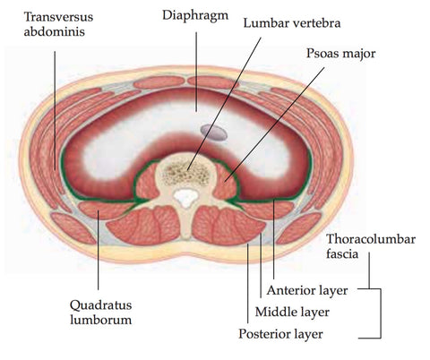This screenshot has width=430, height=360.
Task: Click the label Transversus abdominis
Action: (x=58, y=24)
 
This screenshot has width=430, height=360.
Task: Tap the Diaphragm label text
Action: (x=195, y=16)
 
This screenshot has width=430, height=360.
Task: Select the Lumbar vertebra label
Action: (x=292, y=23)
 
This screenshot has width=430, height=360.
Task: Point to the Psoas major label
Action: (x=340, y=54)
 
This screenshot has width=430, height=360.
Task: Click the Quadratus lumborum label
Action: (x=100, y=313)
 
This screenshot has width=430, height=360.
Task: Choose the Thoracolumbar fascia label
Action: (x=371, y=246)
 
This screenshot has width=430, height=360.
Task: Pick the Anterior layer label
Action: (x=307, y=290)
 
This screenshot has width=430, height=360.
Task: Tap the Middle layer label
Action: (x=292, y=313)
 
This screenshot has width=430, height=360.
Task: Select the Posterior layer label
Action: (x=280, y=334)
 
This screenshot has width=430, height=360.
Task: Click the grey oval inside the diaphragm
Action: (x=213, y=133)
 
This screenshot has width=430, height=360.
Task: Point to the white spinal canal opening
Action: (x=185, y=198)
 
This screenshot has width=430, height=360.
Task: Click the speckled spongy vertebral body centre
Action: (x=186, y=173)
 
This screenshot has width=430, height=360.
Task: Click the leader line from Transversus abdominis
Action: (x=55, y=110)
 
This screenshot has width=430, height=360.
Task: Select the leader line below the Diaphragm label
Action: (x=196, y=72)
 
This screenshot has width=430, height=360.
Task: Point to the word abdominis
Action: (x=54, y=31)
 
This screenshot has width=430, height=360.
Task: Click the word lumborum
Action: (x=101, y=320)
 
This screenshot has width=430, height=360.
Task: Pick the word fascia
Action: (x=342, y=253)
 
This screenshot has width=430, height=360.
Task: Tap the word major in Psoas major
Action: (x=358, y=55)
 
